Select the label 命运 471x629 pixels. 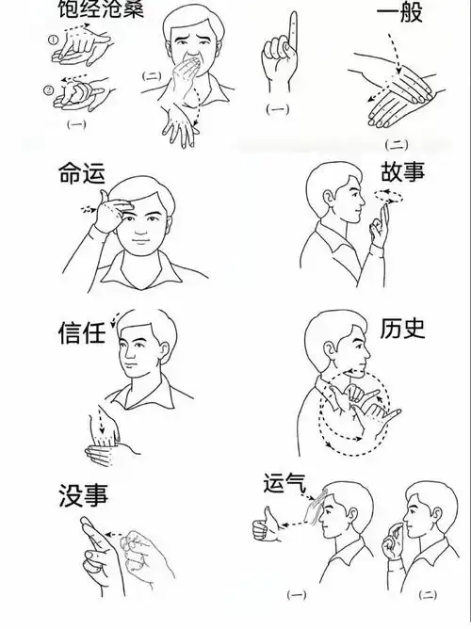(82, 175)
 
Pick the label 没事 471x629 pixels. (80, 493)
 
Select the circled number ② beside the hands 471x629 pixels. (49, 90)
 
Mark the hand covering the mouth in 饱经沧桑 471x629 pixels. (194, 69)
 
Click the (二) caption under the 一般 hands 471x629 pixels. (397, 144)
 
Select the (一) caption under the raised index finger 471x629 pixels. (277, 110)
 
